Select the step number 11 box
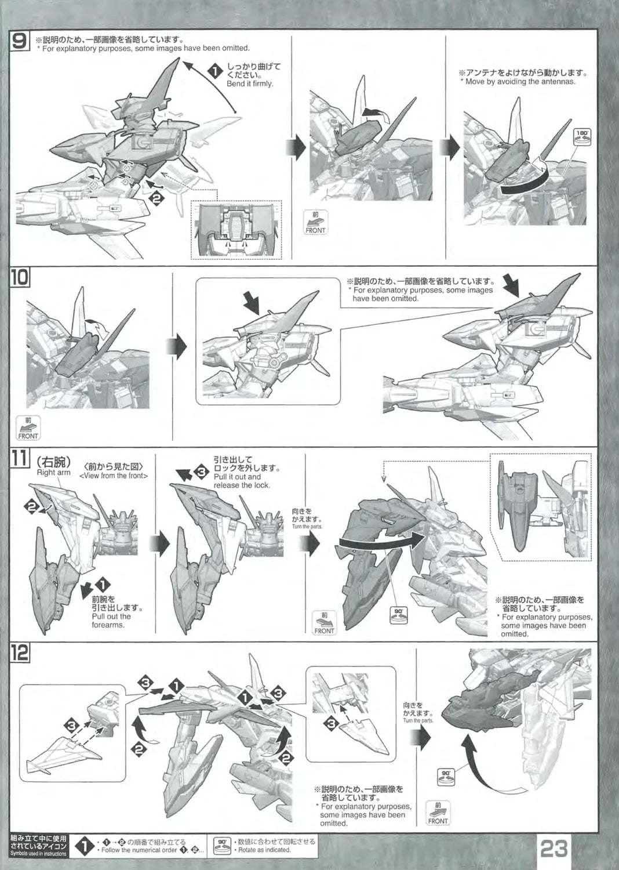pos(19,459)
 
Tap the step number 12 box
pos(19,652)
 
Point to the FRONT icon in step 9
pos(315,223)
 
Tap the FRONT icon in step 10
pos(28,428)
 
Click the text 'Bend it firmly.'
pos(250,84)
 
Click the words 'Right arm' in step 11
pos(53,472)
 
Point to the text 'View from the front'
pos(114,476)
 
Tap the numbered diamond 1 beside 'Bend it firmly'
pos(214,72)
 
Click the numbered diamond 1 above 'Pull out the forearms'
pos(103,585)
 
